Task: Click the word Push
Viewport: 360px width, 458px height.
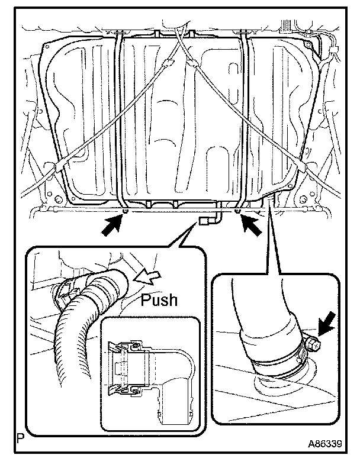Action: (159, 299)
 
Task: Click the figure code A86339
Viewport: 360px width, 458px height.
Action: (324, 444)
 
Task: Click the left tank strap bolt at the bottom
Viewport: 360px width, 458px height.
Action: (126, 211)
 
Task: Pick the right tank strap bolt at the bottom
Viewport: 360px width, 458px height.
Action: (237, 211)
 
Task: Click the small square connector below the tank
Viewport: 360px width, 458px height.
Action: (203, 221)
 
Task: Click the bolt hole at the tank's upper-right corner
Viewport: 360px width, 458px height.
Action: (307, 45)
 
